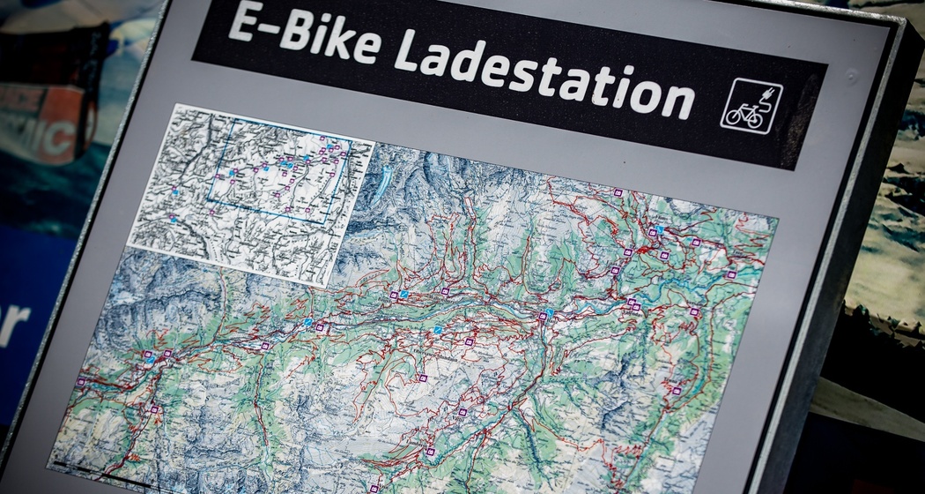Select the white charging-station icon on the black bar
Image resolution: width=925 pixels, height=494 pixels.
[x=751, y=107]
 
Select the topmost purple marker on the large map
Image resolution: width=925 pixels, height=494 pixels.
[x=618, y=192]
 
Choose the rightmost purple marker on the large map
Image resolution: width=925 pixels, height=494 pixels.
[x=730, y=274]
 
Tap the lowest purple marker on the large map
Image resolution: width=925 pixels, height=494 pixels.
[x=374, y=488]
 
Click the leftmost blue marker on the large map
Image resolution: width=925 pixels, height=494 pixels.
[x=152, y=361]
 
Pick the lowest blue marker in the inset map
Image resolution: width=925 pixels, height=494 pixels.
[x=174, y=219]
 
